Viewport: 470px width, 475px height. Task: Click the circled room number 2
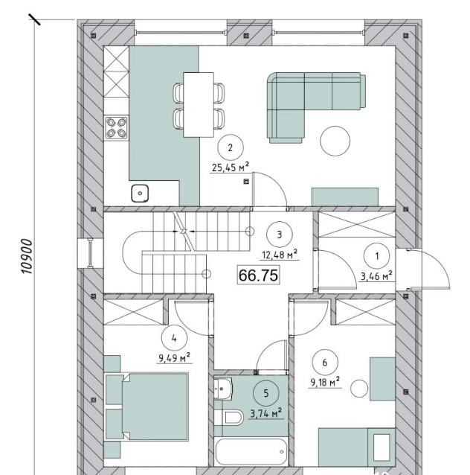click(231, 147)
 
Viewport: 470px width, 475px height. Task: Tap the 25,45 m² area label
click(231, 167)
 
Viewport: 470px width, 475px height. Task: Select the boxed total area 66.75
click(259, 275)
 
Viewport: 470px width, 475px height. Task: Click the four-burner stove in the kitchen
click(116, 128)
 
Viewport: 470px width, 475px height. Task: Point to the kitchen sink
click(140, 194)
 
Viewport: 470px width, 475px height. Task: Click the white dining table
click(199, 104)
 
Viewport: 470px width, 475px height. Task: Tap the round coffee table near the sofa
click(335, 141)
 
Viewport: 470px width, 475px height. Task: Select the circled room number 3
click(280, 235)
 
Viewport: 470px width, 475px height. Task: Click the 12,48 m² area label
click(280, 255)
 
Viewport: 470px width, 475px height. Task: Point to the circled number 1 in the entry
click(377, 256)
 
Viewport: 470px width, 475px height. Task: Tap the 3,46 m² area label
click(376, 276)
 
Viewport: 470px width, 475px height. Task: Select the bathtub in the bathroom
click(251, 452)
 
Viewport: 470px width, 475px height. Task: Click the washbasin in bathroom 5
click(223, 387)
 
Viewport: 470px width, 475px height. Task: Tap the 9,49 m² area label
click(174, 358)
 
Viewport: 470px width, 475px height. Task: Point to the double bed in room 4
click(147, 407)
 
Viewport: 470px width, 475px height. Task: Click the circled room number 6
click(325, 363)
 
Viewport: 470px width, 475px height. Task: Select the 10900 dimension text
click(27, 257)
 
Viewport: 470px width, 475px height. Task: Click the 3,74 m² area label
click(266, 413)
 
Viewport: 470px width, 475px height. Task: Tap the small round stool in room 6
click(359, 389)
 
